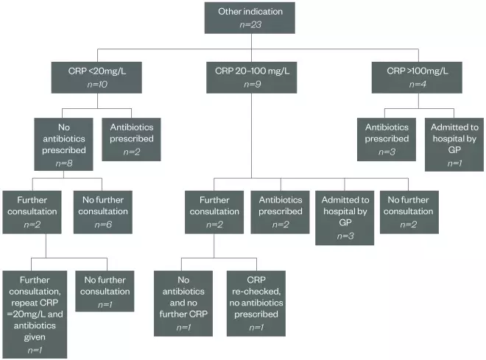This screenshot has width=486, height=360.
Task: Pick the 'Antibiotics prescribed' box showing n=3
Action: [x=387, y=138]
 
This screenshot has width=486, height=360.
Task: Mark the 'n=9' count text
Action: [x=251, y=85]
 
